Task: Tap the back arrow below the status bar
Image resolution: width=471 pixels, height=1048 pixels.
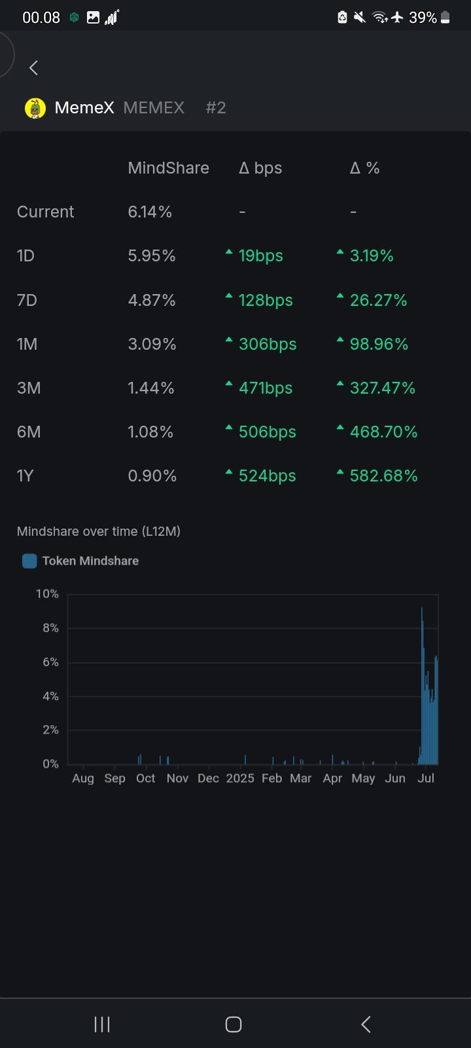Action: (x=33, y=67)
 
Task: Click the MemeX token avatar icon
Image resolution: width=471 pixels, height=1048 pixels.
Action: (x=35, y=108)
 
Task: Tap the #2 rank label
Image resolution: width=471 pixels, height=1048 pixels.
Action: (x=216, y=108)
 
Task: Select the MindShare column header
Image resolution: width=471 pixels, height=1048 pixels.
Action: (x=168, y=168)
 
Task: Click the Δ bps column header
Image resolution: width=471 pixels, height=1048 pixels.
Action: (x=260, y=168)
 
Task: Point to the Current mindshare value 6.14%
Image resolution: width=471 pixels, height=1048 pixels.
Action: (x=150, y=212)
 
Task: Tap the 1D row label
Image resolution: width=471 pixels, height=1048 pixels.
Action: (x=26, y=255)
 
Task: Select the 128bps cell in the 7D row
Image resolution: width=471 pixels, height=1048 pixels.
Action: (x=266, y=300)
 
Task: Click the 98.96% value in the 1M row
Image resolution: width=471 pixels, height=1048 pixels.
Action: (x=379, y=344)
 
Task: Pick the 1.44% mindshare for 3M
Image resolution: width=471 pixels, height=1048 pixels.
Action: (x=151, y=388)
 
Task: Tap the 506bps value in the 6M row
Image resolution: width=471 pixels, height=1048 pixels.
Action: (x=268, y=432)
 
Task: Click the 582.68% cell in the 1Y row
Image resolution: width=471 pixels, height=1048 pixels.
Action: (x=383, y=476)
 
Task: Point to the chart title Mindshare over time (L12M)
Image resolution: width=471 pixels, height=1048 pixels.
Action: (x=99, y=531)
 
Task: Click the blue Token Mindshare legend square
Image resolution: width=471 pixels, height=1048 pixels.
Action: (x=29, y=561)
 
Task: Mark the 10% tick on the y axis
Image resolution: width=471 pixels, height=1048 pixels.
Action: (x=47, y=594)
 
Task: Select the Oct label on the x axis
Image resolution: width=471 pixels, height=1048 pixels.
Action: (x=145, y=778)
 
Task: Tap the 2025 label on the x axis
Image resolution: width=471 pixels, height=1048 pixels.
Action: (x=240, y=778)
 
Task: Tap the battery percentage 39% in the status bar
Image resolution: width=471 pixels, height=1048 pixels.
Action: (x=423, y=18)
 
